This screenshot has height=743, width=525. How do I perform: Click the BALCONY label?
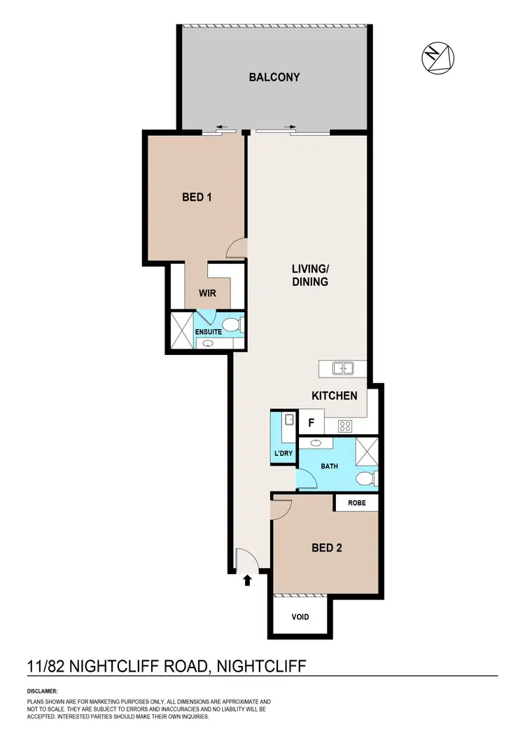274,77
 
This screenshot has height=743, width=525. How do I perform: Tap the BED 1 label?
197,197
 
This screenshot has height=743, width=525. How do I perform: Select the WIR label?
207,293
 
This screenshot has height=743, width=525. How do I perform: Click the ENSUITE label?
209,331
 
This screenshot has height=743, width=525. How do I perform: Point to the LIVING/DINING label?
310,275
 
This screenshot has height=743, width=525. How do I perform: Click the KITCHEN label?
335,396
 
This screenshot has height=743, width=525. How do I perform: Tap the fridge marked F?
311,423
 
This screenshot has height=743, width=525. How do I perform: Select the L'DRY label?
283,454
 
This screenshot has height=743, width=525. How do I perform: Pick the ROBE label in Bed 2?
356,502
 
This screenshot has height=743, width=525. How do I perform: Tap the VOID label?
299,617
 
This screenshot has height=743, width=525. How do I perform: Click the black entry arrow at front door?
246,579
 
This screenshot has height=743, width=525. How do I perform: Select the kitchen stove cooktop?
344,424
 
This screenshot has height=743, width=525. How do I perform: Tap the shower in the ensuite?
183,331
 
